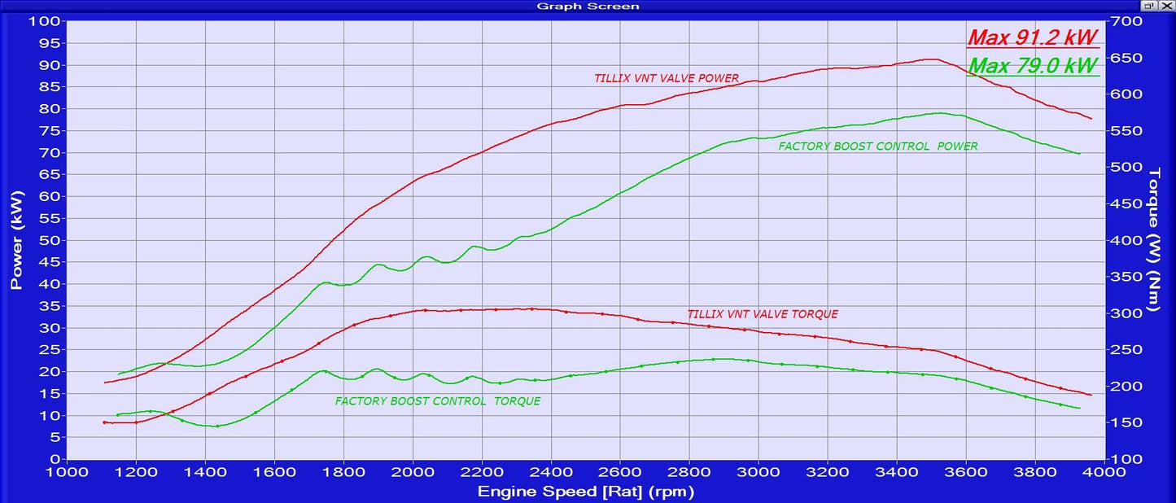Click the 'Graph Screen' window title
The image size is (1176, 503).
pyautogui.click(x=588, y=6)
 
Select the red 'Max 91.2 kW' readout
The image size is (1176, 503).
pyautogui.click(x=1032, y=37)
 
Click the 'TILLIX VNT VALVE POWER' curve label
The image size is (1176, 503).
pyautogui.click(x=667, y=79)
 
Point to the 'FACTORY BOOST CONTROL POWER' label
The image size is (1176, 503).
pyautogui.click(x=878, y=147)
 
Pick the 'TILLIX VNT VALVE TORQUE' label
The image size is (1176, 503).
pyautogui.click(x=763, y=314)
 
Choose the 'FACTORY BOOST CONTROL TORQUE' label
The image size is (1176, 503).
pyautogui.click(x=438, y=401)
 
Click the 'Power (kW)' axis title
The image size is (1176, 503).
pyautogui.click(x=16, y=240)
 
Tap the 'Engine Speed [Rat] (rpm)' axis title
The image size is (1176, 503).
pyautogui.click(x=585, y=492)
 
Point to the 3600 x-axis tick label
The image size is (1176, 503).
pyautogui.click(x=966, y=472)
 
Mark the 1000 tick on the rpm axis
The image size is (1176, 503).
pyautogui.click(x=67, y=472)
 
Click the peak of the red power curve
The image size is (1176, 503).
pyautogui.click(x=930, y=59)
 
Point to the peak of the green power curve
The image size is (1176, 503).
pyautogui.click(x=939, y=113)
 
